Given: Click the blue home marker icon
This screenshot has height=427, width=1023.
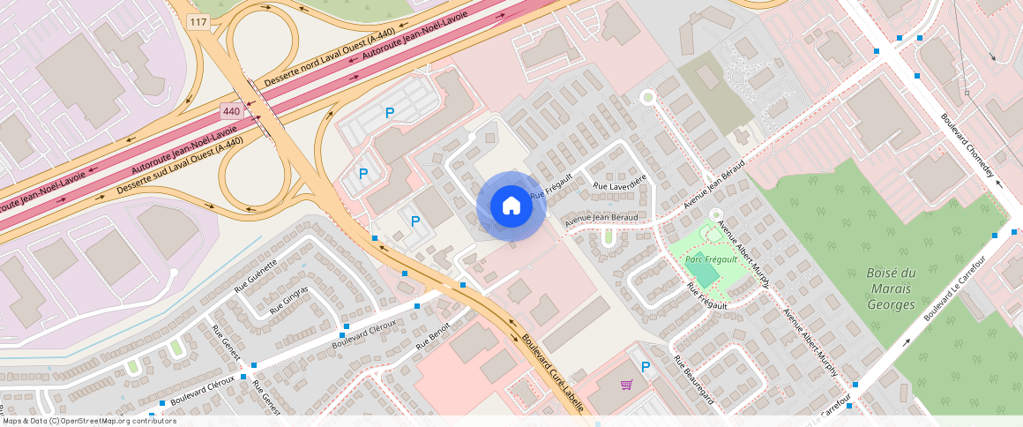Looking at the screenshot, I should point(511,206).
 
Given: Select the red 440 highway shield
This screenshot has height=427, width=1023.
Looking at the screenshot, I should point(231,111).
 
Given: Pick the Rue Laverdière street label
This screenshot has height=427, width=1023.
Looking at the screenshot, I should point(620,182).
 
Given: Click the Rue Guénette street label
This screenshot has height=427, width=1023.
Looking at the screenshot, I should point(257,275).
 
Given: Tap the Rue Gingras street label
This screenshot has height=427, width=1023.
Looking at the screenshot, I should point(288,300).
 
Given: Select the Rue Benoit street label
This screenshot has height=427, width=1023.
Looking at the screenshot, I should point(433,335).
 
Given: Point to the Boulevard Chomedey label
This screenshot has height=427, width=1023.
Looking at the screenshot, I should point(967,146).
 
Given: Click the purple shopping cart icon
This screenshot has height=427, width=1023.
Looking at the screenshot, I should point(626,385).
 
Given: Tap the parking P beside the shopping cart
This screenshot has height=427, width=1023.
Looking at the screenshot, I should point(646,367).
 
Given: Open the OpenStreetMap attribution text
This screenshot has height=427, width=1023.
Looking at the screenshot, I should point(88,421).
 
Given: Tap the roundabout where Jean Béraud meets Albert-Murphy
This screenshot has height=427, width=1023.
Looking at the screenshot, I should point(716,214).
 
